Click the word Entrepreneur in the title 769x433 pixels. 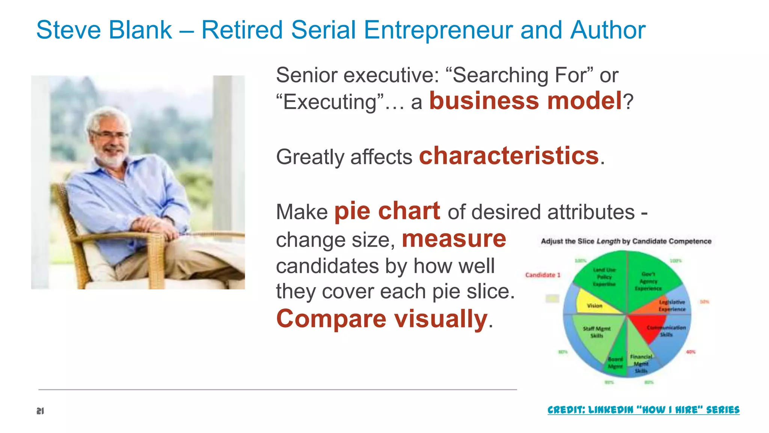pyautogui.click(x=437, y=30)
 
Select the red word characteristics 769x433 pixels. pyautogui.click(x=509, y=156)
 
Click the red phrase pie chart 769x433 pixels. pyautogui.click(x=387, y=211)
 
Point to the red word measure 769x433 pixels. pyautogui.click(x=454, y=239)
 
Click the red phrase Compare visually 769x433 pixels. pyautogui.click(x=381, y=319)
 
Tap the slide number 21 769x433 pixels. pyautogui.click(x=40, y=411)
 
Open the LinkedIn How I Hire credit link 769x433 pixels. pyautogui.click(x=643, y=410)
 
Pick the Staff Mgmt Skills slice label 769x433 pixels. pyautogui.click(x=596, y=332)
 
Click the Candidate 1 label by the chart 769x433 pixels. pyautogui.click(x=543, y=275)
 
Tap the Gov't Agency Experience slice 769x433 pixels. pyautogui.click(x=648, y=281)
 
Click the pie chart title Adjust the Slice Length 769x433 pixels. pyautogui.click(x=626, y=241)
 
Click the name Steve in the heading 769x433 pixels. pyautogui.click(x=69, y=30)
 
